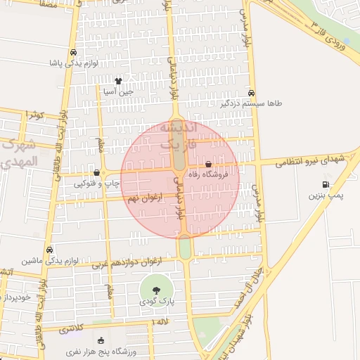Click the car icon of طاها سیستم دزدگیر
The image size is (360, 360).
252,93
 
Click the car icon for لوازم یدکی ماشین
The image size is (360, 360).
49,250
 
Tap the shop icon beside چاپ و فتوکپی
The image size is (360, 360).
96,172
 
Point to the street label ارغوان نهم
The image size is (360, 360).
146,199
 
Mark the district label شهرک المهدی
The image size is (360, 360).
21,155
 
